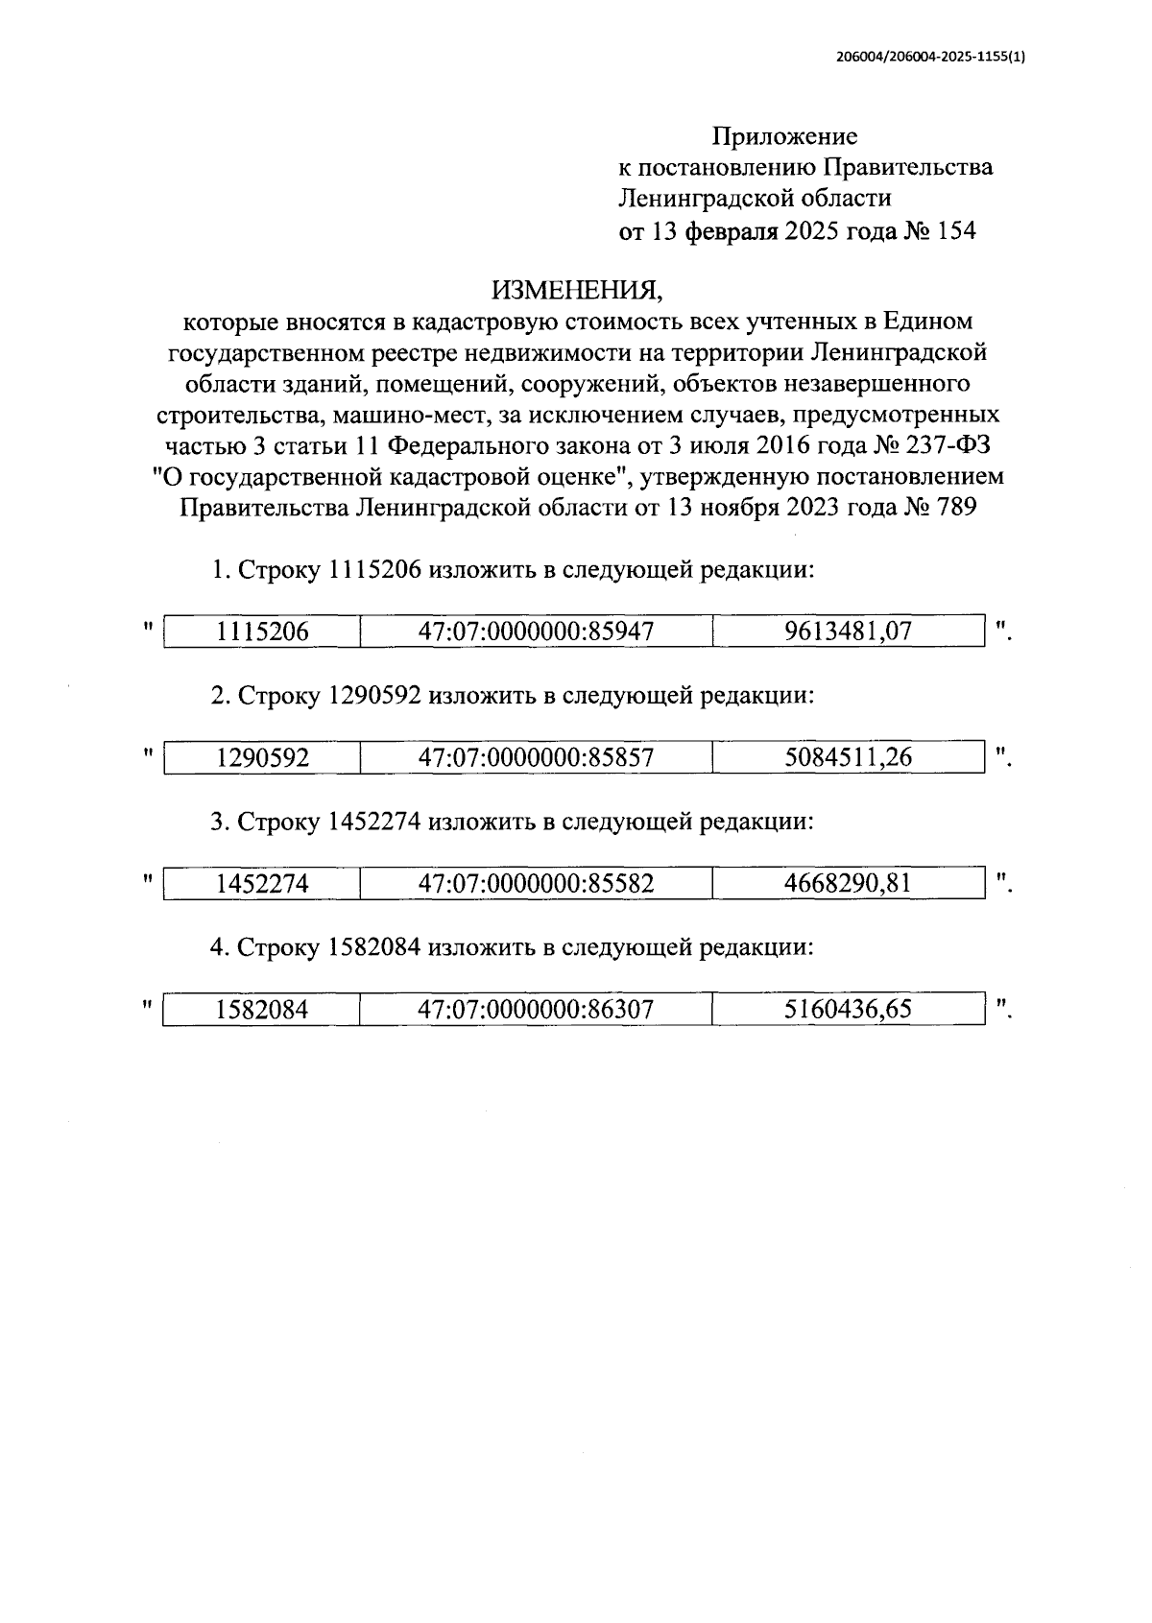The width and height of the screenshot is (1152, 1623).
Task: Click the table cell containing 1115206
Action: pyautogui.click(x=262, y=632)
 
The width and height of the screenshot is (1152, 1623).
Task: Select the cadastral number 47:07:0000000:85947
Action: pyautogui.click(x=536, y=632)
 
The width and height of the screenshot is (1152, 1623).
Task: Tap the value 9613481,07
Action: pyautogui.click(x=848, y=632)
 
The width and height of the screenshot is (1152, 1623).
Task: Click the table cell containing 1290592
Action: pyautogui.click(x=262, y=757)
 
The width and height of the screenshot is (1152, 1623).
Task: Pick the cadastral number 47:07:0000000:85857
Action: pyautogui.click(x=536, y=757)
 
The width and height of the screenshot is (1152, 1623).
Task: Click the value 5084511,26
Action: pyautogui.click(x=848, y=757)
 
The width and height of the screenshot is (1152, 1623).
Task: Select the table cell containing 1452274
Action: pyautogui.click(x=262, y=883)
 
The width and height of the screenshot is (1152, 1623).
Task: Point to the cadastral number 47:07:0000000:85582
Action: pyautogui.click(x=536, y=883)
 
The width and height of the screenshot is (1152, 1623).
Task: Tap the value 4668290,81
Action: pyautogui.click(x=848, y=883)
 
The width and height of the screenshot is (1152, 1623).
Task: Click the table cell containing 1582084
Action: pyautogui.click(x=262, y=1010)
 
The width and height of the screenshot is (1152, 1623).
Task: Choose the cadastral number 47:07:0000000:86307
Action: pyautogui.click(x=536, y=1010)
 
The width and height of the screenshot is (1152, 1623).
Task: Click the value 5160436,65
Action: pyautogui.click(x=848, y=1010)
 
